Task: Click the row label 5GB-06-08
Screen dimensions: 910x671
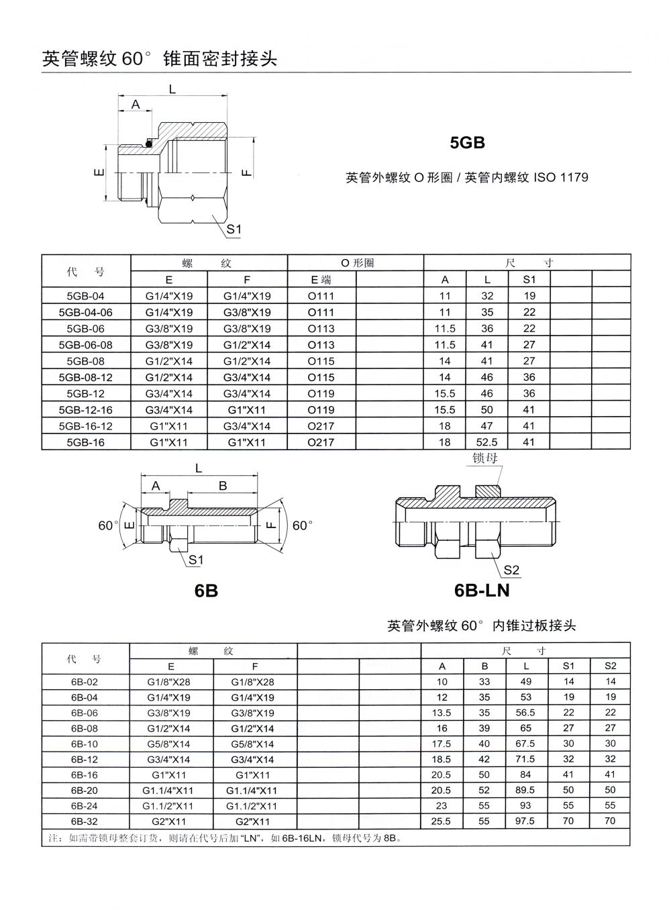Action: (x=86, y=345)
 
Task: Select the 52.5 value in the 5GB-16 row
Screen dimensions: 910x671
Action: (x=487, y=442)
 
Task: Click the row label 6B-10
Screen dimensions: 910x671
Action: (x=85, y=744)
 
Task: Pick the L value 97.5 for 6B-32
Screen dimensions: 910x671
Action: (x=526, y=821)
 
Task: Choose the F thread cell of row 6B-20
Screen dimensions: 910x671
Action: (x=252, y=791)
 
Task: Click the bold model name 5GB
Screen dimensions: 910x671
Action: (x=467, y=143)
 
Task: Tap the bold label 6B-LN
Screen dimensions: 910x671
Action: (x=482, y=591)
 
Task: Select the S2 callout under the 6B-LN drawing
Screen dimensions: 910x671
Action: (x=511, y=570)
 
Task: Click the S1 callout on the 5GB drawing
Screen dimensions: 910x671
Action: (x=234, y=229)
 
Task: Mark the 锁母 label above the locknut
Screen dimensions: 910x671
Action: (x=485, y=458)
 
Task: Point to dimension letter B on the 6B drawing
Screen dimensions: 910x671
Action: (x=223, y=486)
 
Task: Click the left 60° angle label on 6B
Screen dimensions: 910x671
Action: (x=108, y=525)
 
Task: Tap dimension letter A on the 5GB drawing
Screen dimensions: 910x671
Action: (x=136, y=104)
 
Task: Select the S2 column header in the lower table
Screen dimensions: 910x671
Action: (x=610, y=666)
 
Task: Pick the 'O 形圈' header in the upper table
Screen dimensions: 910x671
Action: (x=356, y=263)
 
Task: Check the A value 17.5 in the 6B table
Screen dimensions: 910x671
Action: (x=442, y=744)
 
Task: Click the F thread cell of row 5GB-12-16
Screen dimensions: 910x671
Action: (x=247, y=410)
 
